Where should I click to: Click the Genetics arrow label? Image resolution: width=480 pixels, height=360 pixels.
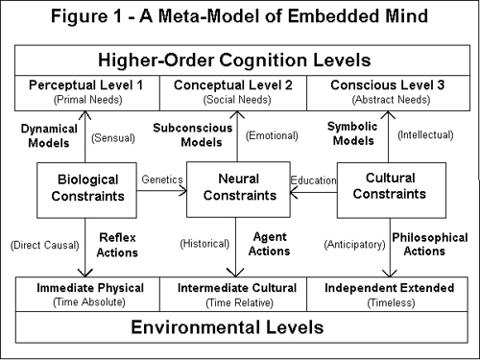(161, 179)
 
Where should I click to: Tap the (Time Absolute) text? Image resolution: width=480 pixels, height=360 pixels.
(87, 302)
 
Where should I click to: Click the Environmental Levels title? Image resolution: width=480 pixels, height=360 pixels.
(238, 328)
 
